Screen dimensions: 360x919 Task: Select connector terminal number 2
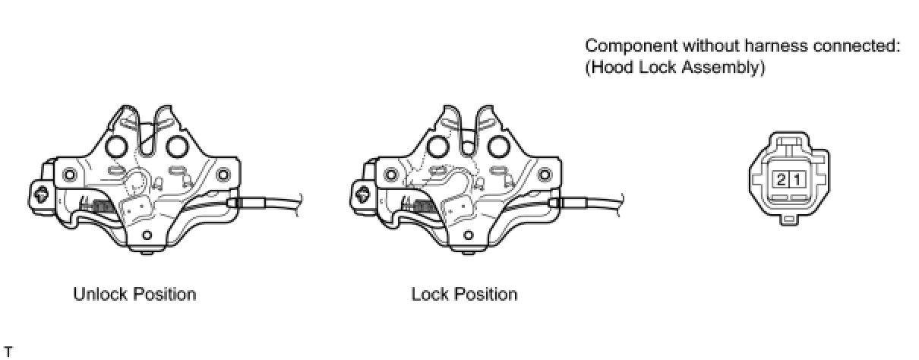coord(780,180)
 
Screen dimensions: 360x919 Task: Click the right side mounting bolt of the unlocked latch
coord(223,174)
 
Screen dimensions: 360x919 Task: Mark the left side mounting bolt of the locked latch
coord(390,174)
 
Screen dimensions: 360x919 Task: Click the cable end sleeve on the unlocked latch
coord(250,203)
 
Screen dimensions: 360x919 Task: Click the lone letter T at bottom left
coord(8,351)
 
